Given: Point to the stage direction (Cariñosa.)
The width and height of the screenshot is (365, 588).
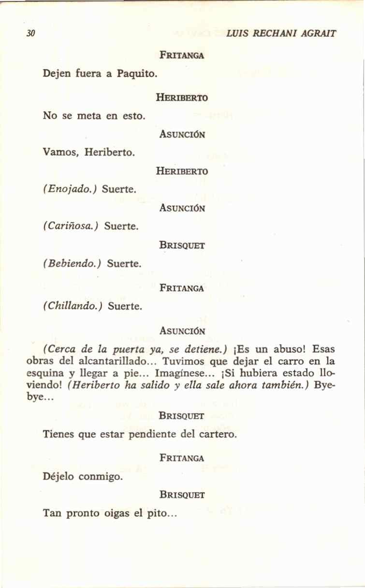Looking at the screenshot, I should (x=71, y=226).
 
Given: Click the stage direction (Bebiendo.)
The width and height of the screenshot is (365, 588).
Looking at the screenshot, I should (x=72, y=264).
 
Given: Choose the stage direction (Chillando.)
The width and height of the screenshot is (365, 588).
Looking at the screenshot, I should (x=73, y=306).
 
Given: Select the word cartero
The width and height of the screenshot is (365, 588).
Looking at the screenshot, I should (x=217, y=434).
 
